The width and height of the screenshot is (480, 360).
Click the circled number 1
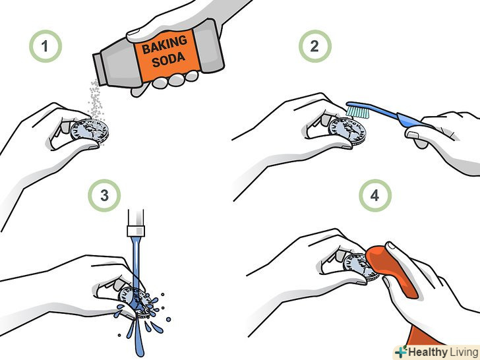point(45,46)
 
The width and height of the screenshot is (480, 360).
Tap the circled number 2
point(315,46)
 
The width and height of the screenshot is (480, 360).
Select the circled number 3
point(104,195)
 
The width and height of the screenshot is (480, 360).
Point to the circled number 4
point(375,195)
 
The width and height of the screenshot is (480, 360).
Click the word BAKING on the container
point(164,45)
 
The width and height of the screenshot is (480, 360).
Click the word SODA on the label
point(169,60)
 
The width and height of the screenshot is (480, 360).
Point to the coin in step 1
point(90,132)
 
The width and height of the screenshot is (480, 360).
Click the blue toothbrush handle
point(395,115)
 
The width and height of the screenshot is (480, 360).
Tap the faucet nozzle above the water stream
point(136,223)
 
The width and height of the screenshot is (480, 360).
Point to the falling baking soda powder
point(96,100)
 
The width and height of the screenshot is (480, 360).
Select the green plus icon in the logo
point(401,351)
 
